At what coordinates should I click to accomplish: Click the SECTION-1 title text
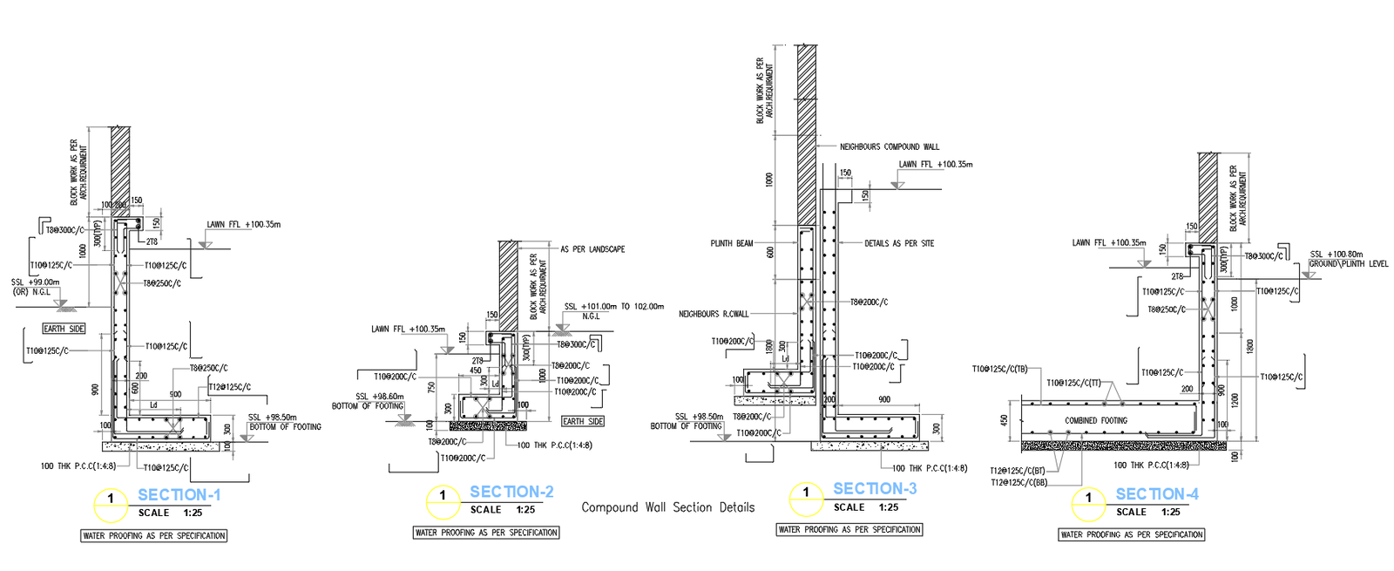[x=179, y=495]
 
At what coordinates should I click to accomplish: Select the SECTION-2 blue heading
[x=511, y=493]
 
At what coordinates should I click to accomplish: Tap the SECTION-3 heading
[x=875, y=489]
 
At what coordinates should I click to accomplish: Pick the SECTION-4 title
[x=1157, y=494]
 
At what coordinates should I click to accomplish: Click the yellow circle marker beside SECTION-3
[x=806, y=499]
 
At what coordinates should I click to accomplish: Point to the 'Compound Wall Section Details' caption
[x=667, y=507]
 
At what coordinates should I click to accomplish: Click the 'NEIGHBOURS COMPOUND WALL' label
[x=889, y=147]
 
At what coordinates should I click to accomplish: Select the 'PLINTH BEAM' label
[x=731, y=244]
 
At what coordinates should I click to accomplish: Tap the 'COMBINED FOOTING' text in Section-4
[x=1095, y=421]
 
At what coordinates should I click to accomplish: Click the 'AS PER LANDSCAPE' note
[x=592, y=249]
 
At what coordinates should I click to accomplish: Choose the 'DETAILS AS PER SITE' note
[x=898, y=244]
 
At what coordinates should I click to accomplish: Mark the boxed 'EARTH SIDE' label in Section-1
[x=64, y=329]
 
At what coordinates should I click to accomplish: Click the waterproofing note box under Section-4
[x=1132, y=534]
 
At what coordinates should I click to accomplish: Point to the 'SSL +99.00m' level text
[x=36, y=282]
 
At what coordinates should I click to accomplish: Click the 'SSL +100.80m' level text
[x=1336, y=255]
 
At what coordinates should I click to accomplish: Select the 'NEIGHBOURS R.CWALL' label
[x=713, y=314]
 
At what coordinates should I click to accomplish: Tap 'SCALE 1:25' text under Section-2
[x=503, y=510]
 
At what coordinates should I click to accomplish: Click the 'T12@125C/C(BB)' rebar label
[x=1018, y=482]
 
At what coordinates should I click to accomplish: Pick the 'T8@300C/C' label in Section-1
[x=65, y=230]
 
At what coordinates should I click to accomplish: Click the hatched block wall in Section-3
[x=807, y=131]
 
